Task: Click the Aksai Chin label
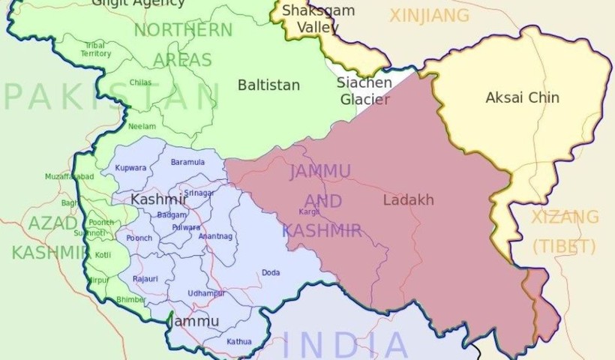point(522,97)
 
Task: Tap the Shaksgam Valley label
point(313,19)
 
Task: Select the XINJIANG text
point(429,15)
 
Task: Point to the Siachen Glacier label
point(364,91)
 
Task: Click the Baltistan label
point(268,85)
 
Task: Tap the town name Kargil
point(308,212)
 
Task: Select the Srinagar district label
point(199,193)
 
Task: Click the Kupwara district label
point(130,167)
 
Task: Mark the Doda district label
point(271,272)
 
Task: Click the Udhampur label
point(206,292)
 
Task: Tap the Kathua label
point(239,341)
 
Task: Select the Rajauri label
point(145,278)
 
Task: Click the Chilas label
point(139,82)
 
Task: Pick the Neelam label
point(142,126)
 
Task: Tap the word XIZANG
point(565,217)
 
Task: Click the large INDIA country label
point(345,345)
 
